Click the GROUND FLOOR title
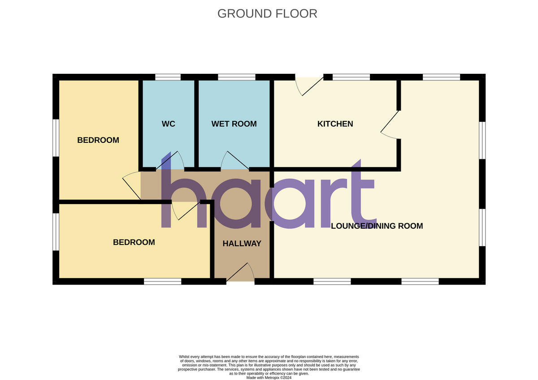click(267, 13)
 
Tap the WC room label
click(169, 124)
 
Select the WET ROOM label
click(234, 124)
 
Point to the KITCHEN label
click(335, 124)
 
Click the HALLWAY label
click(242, 243)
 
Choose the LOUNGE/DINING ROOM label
click(377, 226)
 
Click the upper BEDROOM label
click(98, 140)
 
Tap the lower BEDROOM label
click(134, 242)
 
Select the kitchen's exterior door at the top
click(309, 85)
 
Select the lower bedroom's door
click(186, 210)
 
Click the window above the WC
click(168, 77)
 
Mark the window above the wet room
click(237, 77)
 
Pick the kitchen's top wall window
click(351, 77)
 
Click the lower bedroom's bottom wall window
click(163, 281)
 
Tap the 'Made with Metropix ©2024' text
click(269, 377)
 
